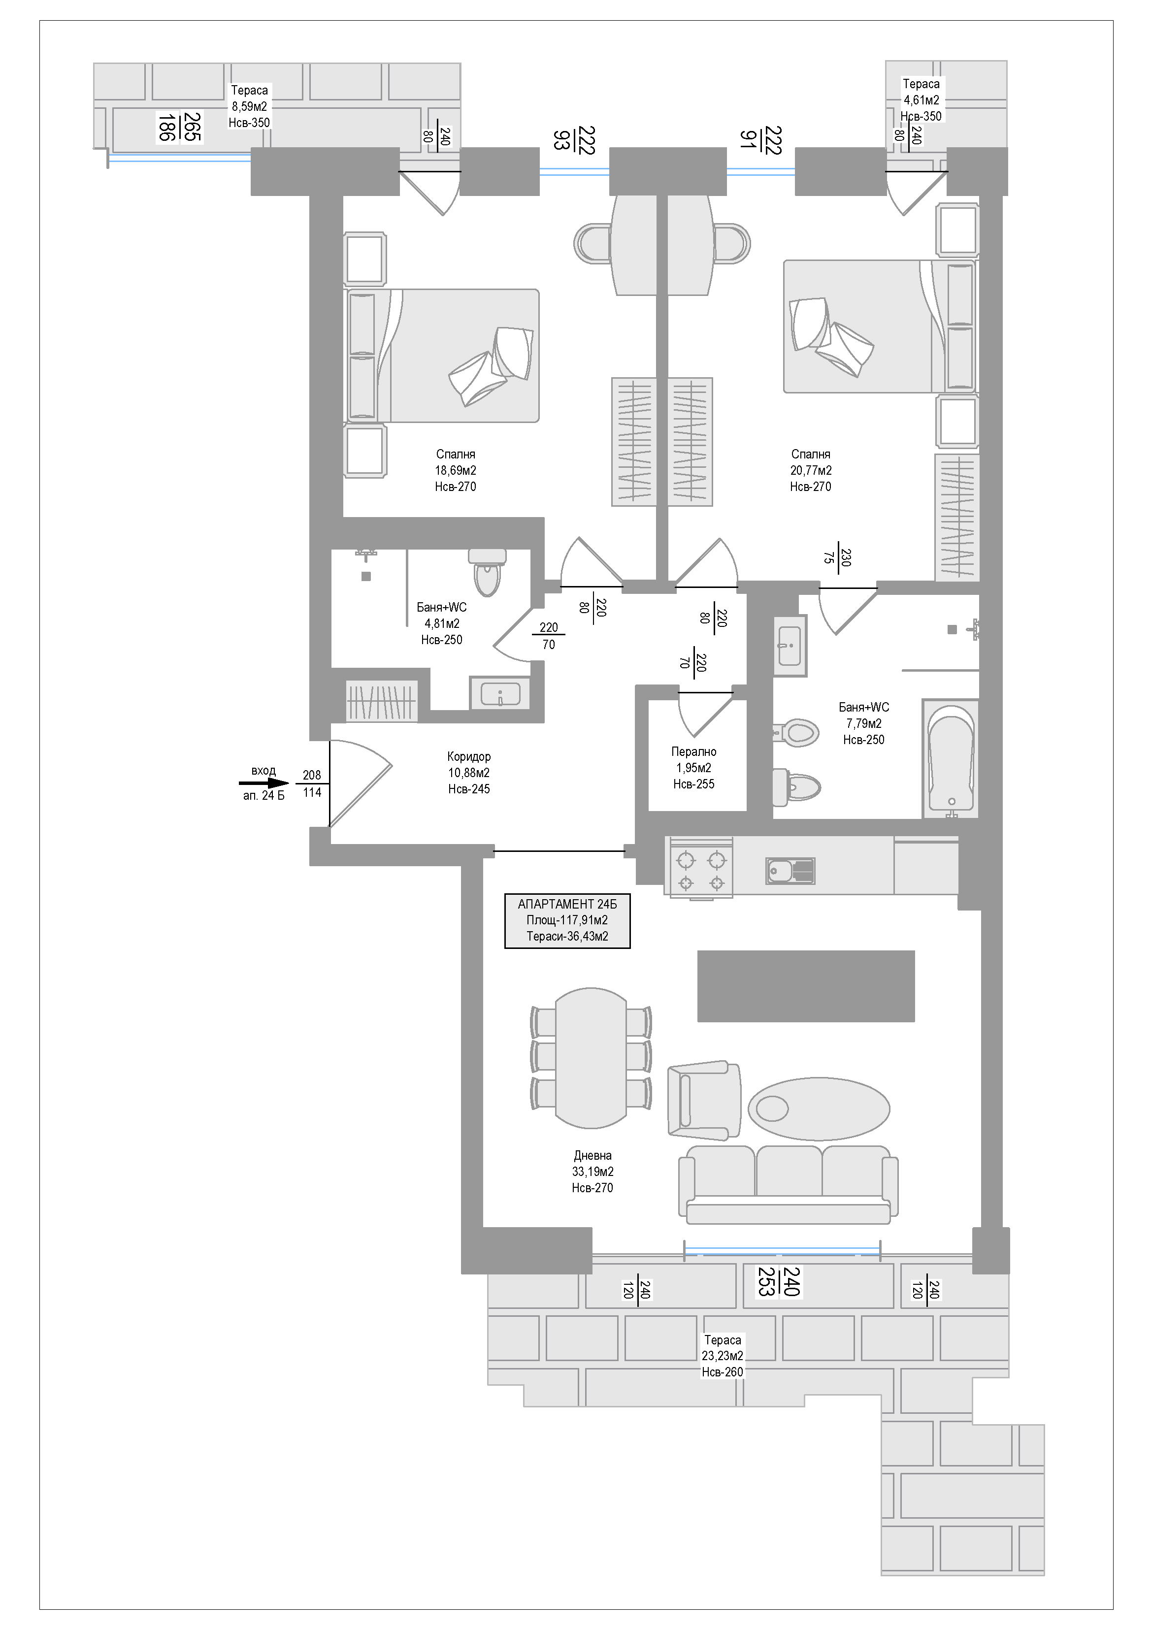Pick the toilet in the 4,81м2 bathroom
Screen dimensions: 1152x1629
click(x=487, y=573)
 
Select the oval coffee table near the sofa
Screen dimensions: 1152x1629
click(x=819, y=1108)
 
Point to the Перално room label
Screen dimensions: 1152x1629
click(x=693, y=751)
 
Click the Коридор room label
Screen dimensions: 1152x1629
click(x=468, y=756)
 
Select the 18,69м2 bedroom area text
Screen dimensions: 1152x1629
click(x=456, y=470)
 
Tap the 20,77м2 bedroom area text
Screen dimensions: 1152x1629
click(x=811, y=470)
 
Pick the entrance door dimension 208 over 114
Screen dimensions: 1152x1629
click(x=312, y=784)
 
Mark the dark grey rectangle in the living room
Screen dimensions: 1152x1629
click(x=806, y=986)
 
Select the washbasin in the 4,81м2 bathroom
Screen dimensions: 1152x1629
click(x=500, y=693)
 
